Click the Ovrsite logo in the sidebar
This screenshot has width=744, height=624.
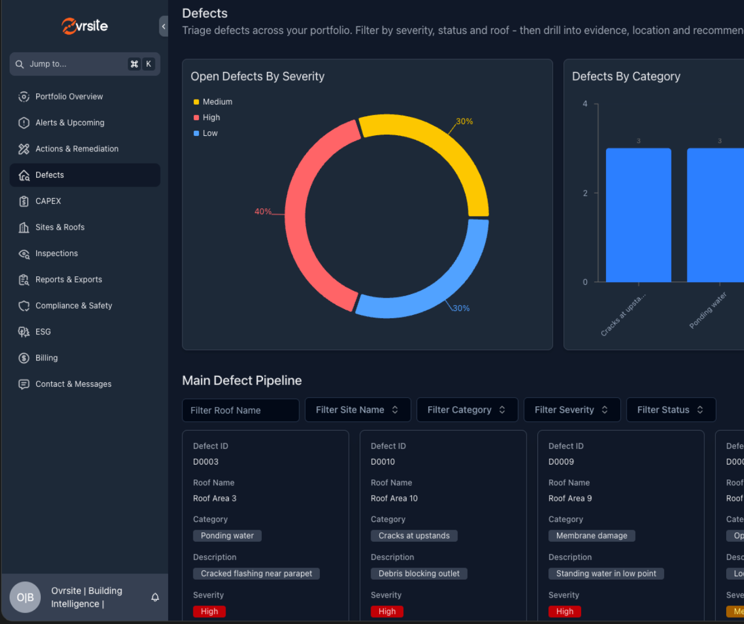point(85,26)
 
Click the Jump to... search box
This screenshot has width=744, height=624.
point(75,64)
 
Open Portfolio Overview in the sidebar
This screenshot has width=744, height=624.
point(69,97)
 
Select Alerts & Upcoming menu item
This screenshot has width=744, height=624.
point(70,123)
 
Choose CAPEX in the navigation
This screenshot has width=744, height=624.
point(48,201)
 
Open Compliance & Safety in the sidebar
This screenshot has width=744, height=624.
point(74,306)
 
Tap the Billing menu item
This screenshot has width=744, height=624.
point(47,358)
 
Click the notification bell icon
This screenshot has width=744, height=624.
point(155,598)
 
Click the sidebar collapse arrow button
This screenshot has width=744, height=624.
point(163,26)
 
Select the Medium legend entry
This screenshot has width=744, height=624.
point(217,102)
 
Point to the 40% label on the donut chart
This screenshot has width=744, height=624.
point(263,212)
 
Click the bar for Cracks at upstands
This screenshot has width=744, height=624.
point(638,215)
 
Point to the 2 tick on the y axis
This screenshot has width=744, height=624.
point(585,193)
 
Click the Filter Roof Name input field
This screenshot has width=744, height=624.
point(241,410)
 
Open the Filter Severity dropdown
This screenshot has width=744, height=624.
point(571,410)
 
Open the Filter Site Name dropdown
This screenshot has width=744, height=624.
point(357,410)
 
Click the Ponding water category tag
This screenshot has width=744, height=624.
point(227,536)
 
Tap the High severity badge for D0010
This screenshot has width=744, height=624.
point(387,611)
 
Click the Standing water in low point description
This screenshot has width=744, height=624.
point(606,574)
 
